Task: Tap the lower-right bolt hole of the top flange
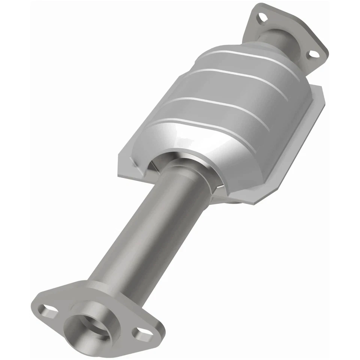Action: [311, 55]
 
